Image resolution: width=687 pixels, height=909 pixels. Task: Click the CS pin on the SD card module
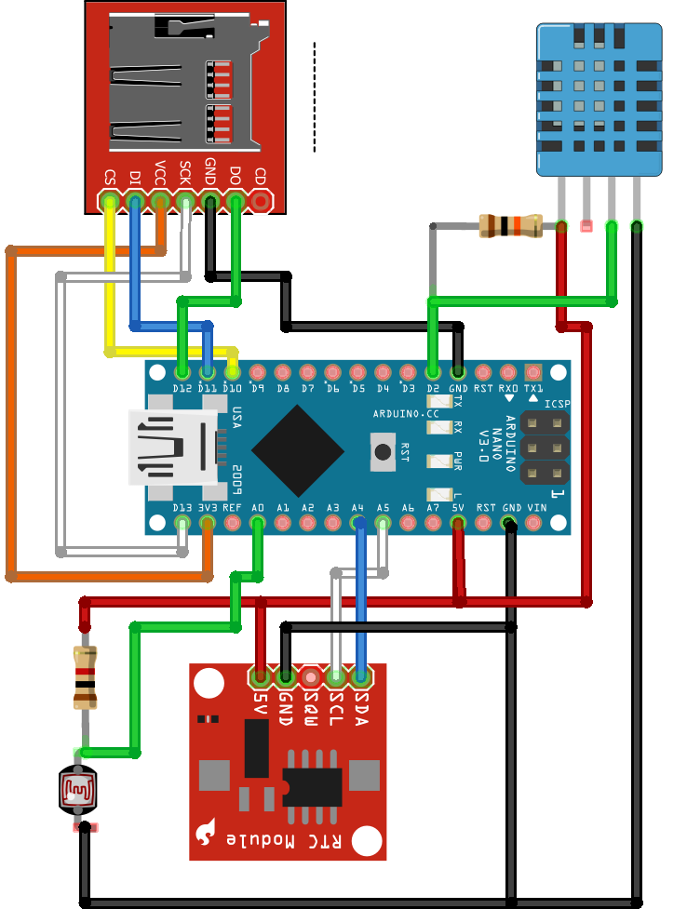point(110,201)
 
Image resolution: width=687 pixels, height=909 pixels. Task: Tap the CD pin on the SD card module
point(262,201)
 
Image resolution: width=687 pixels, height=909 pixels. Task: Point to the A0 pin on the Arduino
point(258,524)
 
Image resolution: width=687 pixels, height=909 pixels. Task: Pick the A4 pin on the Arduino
point(358,524)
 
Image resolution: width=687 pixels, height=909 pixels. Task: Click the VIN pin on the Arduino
point(534,524)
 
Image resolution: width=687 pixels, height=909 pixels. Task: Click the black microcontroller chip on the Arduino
point(297,450)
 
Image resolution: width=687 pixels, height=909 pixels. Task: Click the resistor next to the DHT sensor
point(509,225)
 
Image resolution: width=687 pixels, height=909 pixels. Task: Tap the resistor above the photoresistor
point(86,679)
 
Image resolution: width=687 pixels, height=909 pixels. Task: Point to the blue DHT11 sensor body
point(599,99)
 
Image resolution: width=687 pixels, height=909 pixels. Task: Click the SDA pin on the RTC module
point(361,675)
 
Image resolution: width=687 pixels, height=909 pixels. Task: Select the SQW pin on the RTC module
point(311,675)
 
